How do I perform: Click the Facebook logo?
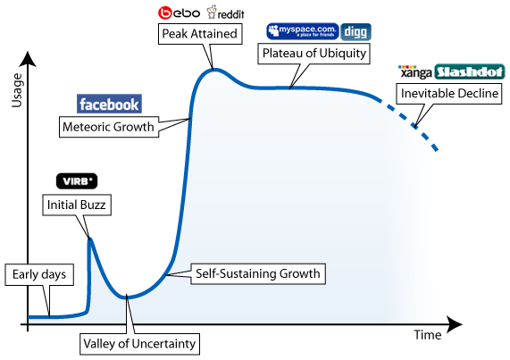pos(109,104)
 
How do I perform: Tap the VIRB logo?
pos(77,181)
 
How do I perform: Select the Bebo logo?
pos(179,13)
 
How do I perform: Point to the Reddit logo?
pos(225,13)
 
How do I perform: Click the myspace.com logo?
pos(303,31)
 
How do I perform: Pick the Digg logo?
pos(355,32)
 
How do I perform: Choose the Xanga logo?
pos(415,71)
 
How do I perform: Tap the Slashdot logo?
pos(469,71)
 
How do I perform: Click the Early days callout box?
pos(39,275)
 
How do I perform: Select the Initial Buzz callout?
pos(77,205)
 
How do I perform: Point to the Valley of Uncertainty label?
pos(139,344)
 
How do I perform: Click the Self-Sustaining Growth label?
pos(258,274)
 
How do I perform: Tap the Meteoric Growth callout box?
pos(109,127)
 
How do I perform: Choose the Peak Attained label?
pos(200,33)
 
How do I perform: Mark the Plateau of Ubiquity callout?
pos(314,54)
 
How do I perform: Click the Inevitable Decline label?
pos(449,94)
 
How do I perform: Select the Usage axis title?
pos(17,90)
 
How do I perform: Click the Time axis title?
pos(428,335)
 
